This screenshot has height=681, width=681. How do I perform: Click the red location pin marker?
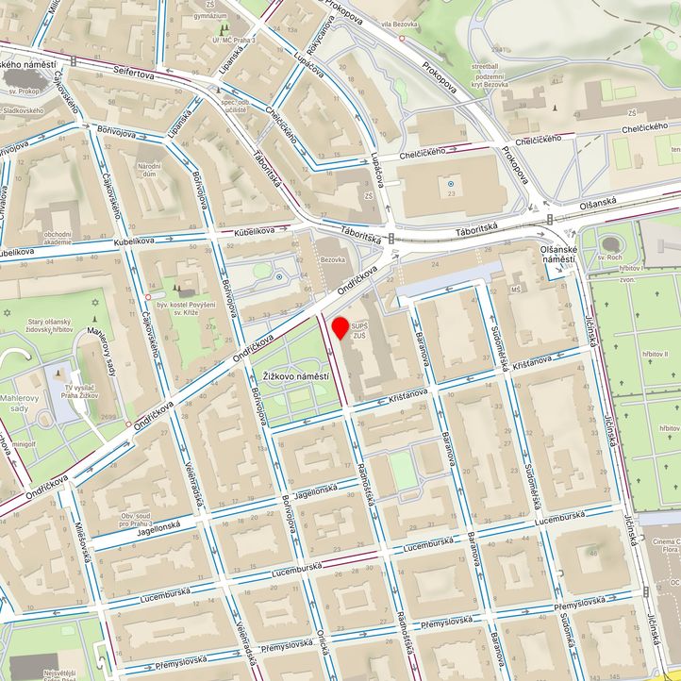tap(340, 328)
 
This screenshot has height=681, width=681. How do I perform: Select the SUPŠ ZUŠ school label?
tap(359, 331)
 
